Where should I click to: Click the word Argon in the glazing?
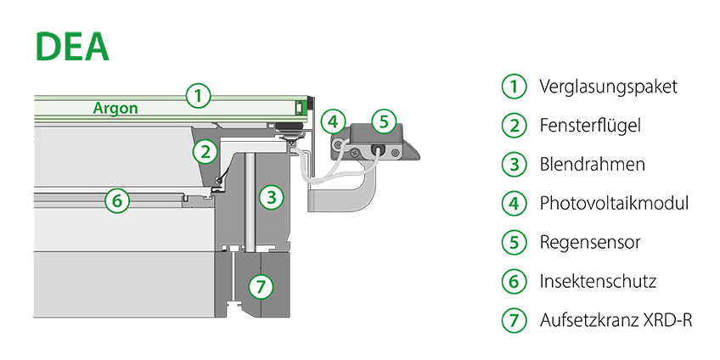coord(115,109)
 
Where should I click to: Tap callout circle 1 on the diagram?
coord(197,95)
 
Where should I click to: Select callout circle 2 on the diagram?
coord(204,152)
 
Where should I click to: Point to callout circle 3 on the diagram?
coord(271,198)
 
